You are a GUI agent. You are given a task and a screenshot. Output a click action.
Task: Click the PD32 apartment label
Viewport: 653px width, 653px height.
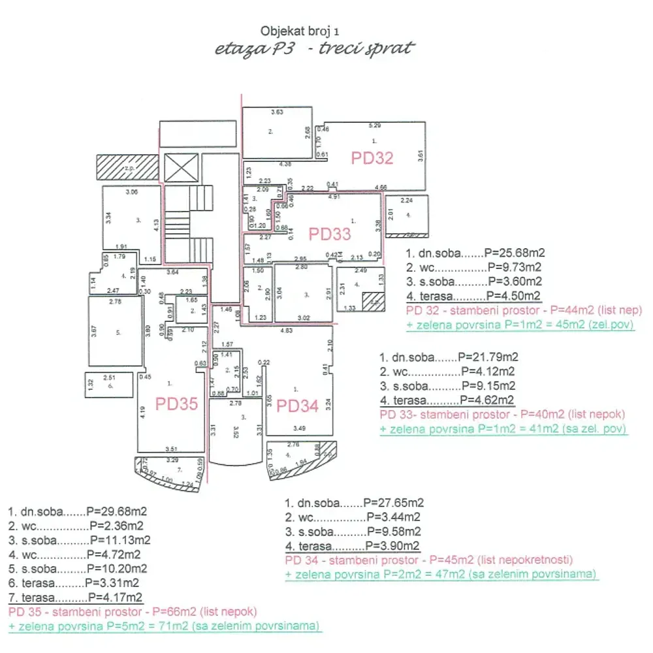[372, 158]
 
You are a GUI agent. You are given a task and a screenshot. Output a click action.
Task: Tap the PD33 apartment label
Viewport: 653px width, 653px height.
[330, 234]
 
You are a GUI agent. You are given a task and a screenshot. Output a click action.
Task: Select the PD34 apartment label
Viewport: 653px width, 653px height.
[298, 406]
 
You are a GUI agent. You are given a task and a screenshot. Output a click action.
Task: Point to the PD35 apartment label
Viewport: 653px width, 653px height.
[176, 404]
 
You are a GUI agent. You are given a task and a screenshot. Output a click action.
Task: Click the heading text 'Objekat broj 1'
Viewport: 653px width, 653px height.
[300, 31]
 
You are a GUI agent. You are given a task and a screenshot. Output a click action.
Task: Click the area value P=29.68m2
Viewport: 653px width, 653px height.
[117, 511]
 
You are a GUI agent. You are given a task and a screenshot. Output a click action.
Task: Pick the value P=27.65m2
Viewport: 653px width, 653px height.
[394, 503]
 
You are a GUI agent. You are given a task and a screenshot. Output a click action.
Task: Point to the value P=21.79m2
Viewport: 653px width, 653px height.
[488, 357]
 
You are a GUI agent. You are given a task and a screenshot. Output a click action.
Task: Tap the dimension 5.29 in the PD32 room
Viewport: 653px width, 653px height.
[374, 125]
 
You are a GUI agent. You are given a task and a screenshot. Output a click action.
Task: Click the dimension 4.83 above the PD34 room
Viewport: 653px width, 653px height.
[286, 331]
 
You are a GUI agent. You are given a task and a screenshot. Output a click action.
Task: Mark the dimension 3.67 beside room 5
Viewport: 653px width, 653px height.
[94, 330]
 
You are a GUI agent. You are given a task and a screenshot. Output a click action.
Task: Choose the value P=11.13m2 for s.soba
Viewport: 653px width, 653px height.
[120, 540]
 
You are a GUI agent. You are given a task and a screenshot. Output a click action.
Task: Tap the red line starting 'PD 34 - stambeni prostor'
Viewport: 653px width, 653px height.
[429, 560]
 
